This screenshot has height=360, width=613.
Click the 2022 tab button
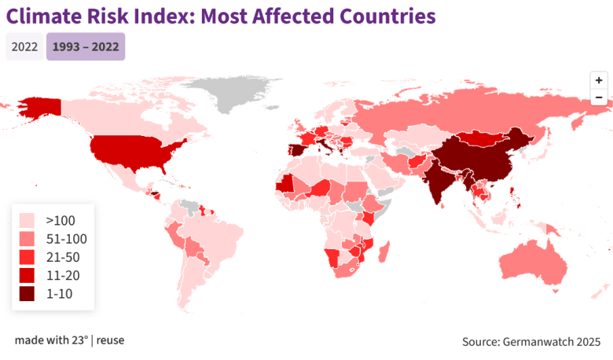24,47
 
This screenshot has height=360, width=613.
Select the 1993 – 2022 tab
86,47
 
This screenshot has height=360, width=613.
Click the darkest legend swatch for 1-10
28,294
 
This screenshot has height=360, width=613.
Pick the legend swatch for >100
28,220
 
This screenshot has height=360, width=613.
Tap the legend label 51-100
67,239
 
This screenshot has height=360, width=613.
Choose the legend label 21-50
63,257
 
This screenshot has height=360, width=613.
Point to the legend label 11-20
63,276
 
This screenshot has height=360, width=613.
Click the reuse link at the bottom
110,340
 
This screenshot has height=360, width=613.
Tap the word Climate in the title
42,16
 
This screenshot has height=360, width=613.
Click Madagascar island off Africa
384,253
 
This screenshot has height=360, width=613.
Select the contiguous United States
134,149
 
